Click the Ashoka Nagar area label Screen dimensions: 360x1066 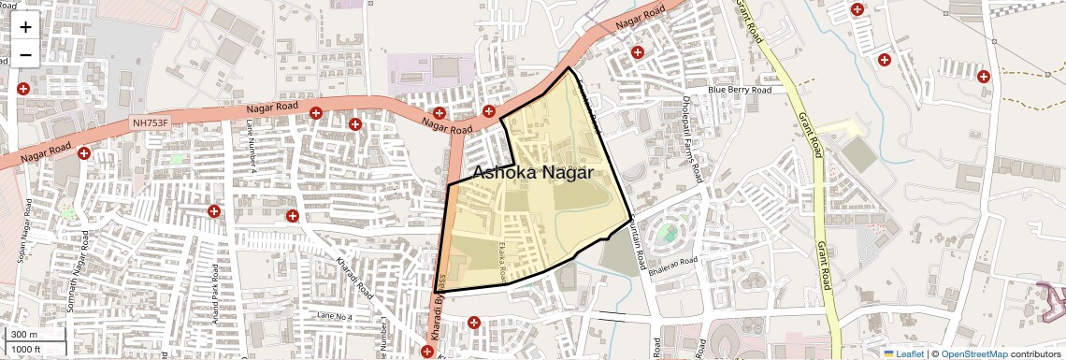(532, 173)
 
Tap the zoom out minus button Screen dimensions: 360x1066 (25, 55)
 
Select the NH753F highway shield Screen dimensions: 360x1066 (151, 123)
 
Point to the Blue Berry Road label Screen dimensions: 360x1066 (740, 90)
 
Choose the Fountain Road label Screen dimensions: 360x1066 (639, 239)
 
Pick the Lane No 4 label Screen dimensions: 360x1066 (334, 317)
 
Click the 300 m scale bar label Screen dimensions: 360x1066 (24, 335)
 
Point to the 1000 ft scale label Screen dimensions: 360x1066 (26, 350)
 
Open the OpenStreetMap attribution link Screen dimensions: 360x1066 (973, 353)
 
